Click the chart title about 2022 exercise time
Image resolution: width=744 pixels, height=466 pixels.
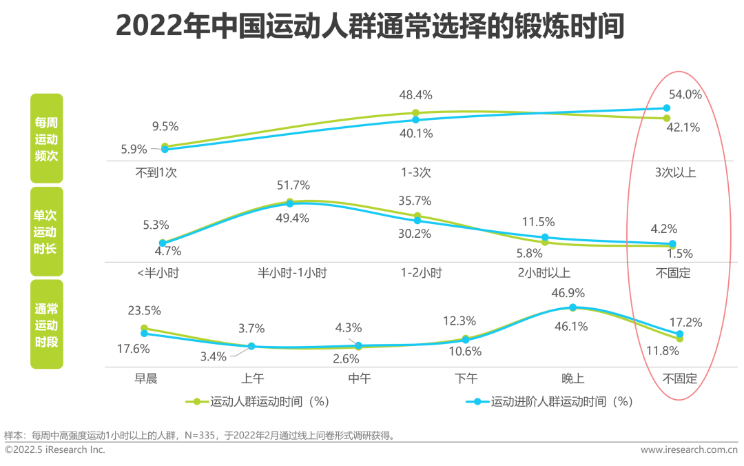(370, 28)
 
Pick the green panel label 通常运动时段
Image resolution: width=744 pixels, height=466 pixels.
(47, 324)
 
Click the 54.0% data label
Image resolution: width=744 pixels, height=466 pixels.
(685, 95)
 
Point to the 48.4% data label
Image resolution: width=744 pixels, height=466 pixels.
(416, 95)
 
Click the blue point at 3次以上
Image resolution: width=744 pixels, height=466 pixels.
(666, 108)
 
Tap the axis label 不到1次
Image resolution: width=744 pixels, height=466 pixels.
(156, 172)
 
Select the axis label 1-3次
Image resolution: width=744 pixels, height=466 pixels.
(416, 172)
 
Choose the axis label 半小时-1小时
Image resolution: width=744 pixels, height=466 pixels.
(292, 272)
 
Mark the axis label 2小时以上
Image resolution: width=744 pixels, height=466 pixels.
(544, 272)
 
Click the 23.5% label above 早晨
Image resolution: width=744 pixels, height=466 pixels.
(144, 310)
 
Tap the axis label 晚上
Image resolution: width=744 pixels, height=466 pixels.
(572, 378)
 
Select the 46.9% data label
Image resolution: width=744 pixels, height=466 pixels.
(568, 292)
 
